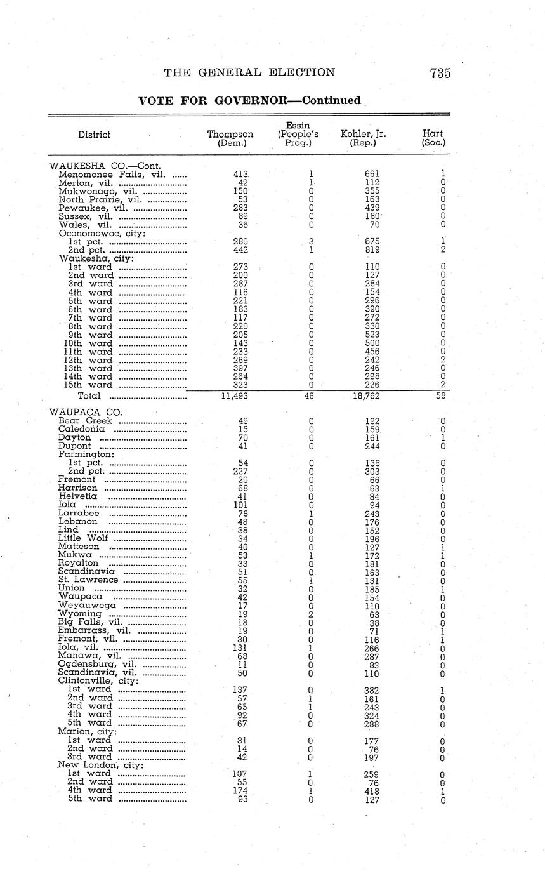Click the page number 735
(440, 73)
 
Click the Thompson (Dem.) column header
(230, 139)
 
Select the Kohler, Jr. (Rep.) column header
(363, 139)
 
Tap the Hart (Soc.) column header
(433, 139)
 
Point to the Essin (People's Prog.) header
(298, 135)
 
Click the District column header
(94, 135)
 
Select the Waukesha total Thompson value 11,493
(234, 395)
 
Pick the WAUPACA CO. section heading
(86, 412)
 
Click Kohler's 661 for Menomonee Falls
(372, 174)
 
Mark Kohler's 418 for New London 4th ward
(372, 791)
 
